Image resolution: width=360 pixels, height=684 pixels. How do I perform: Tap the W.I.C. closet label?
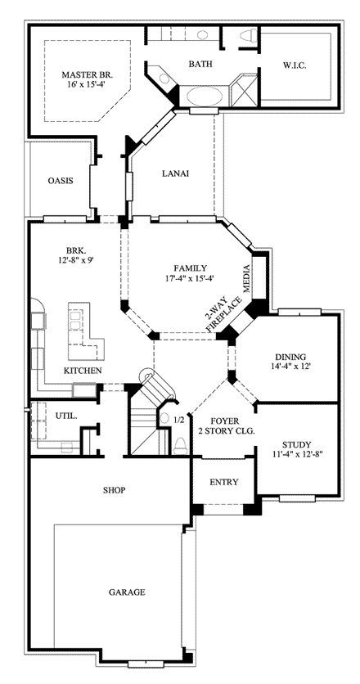(295, 65)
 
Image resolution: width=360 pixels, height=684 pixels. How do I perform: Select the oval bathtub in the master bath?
(205, 96)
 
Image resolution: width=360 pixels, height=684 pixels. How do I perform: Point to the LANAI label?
(175, 173)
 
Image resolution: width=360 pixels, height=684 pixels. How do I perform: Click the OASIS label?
(61, 181)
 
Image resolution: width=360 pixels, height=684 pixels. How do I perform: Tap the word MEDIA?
(246, 278)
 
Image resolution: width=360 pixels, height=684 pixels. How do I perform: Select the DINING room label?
(290, 358)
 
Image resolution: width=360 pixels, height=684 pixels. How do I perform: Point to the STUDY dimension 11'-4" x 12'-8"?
(296, 453)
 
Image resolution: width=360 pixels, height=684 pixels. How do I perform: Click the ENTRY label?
(224, 482)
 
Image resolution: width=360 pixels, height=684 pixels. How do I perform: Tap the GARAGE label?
(127, 592)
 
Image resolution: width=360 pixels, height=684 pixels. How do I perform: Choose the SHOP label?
(115, 490)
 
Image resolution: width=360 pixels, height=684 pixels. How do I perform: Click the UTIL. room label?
(66, 416)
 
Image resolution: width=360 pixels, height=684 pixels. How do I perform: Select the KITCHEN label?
(83, 371)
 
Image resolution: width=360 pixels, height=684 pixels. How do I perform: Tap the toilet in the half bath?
(180, 445)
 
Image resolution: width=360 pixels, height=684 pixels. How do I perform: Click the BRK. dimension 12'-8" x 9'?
(76, 259)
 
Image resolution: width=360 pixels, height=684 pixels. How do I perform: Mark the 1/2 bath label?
(179, 421)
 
